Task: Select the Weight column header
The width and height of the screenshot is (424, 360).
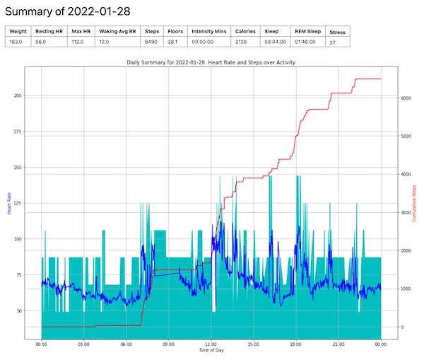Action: pos(18,32)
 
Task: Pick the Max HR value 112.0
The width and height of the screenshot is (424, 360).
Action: pos(78,42)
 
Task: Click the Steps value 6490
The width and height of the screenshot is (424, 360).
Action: pos(152,42)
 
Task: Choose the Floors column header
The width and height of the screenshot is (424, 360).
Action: pos(175,32)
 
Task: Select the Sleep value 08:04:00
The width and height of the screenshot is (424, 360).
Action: pos(276,42)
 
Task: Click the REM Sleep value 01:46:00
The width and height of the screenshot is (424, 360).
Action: pos(306,42)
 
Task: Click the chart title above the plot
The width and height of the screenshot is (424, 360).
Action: pos(211,63)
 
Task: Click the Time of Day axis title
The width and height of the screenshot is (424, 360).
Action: pos(211,352)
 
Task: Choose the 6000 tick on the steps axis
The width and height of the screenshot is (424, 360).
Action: pos(407,98)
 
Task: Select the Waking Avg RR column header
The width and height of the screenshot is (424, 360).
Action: pos(118,32)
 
